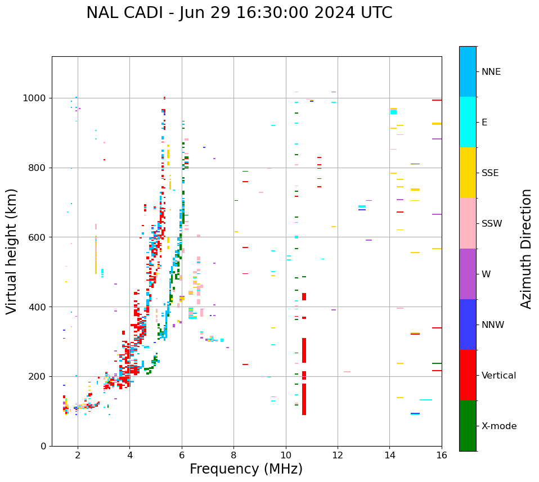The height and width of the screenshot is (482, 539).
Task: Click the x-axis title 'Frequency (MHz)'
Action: (246, 469)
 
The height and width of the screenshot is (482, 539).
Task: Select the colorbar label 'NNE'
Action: (491, 72)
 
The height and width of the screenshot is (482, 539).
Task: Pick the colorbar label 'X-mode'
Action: (499, 426)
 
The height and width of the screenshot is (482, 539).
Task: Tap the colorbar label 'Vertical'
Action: (498, 376)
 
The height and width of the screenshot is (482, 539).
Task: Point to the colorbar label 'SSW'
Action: (492, 224)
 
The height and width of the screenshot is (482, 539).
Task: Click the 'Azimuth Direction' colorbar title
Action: (526, 249)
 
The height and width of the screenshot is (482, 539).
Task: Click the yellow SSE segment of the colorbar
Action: (468, 173)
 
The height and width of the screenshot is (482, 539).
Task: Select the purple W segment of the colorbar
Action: (468, 274)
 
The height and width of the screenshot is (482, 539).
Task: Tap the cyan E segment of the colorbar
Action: (468, 122)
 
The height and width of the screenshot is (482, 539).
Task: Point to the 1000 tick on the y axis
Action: (37, 98)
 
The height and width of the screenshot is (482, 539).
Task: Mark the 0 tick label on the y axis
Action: (43, 446)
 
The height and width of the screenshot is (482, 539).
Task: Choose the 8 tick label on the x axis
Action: (233, 456)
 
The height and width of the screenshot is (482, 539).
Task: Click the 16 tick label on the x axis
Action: (442, 456)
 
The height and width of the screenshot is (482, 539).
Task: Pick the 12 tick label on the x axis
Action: (338, 456)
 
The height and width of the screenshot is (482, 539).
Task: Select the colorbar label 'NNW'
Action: (493, 325)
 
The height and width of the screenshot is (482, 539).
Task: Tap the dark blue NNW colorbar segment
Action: (468, 325)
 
